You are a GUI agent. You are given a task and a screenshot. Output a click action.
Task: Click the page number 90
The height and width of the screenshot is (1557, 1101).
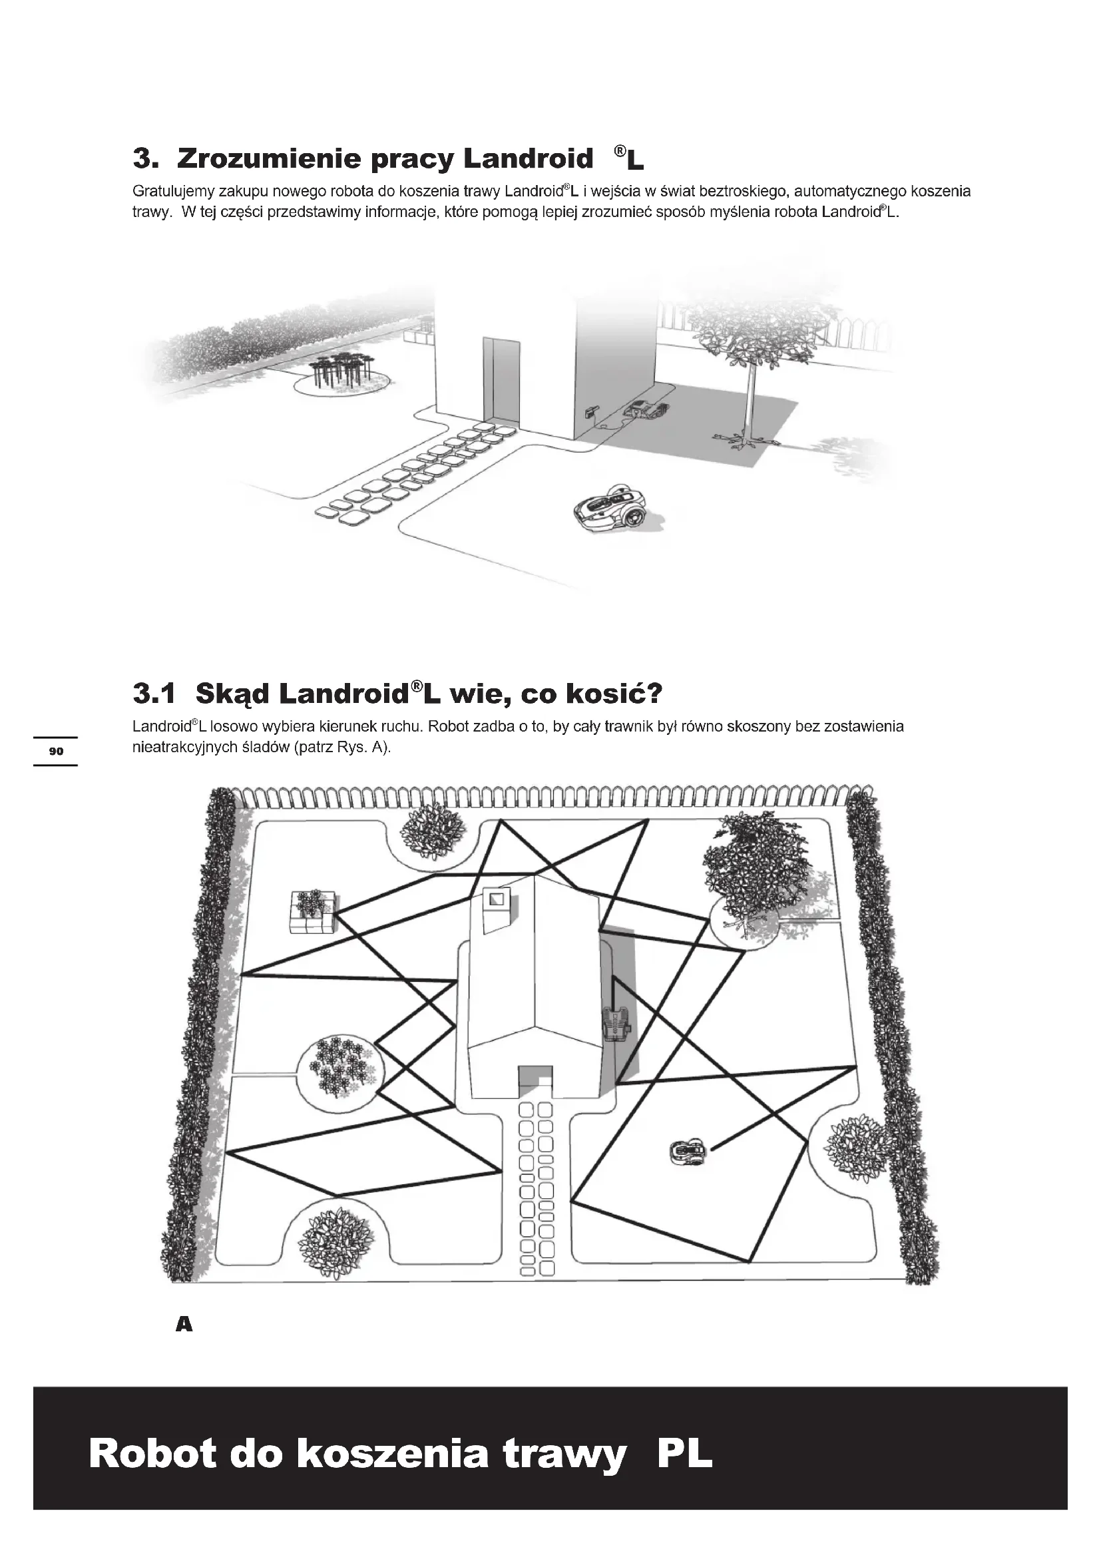(56, 751)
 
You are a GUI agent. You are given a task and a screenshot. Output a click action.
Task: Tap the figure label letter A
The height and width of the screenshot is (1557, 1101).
(184, 1324)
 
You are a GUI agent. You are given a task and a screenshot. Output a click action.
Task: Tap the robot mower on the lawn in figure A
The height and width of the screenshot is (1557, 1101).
(688, 1152)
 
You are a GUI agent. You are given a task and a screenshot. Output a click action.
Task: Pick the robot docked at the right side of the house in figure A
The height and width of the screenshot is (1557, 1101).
(616, 1024)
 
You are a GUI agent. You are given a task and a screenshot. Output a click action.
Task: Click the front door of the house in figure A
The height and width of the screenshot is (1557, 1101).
(536, 1082)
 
